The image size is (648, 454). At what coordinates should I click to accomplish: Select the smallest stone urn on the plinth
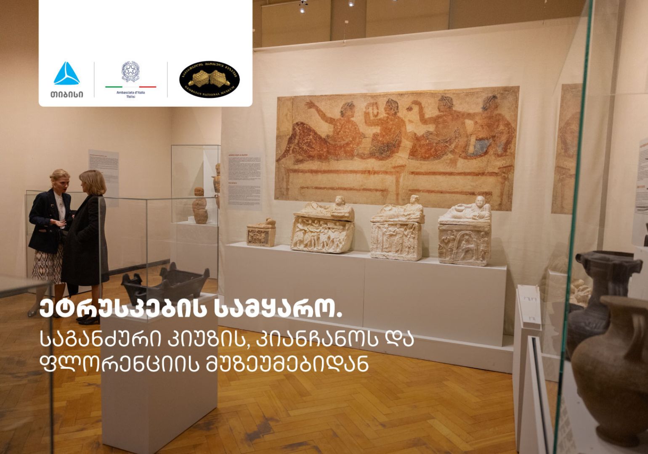click(261, 232)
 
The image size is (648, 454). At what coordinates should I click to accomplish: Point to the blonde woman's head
click(59, 179)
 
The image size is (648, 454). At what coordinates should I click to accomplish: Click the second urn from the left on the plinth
click(323, 229)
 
